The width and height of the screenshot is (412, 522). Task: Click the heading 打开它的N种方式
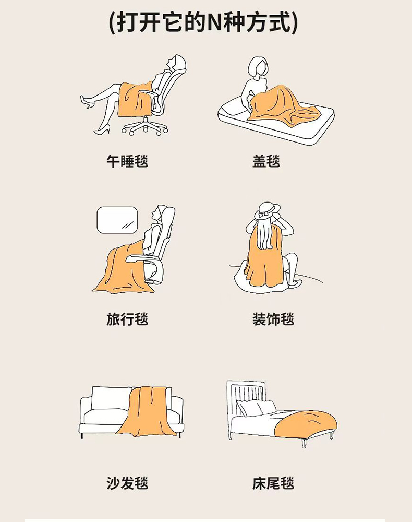coord(203,22)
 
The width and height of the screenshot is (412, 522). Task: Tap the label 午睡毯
coord(127,161)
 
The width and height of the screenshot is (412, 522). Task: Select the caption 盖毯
coord(266,161)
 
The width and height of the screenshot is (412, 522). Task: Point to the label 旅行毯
coord(127,319)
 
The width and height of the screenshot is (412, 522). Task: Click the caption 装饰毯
coord(273,319)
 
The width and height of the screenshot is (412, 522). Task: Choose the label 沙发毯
coord(127,483)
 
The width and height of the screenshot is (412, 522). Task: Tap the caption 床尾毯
coord(273,483)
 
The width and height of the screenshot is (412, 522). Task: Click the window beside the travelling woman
coord(117,220)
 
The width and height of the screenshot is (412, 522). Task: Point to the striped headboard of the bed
coord(246,396)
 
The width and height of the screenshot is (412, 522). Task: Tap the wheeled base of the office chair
coord(145,127)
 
